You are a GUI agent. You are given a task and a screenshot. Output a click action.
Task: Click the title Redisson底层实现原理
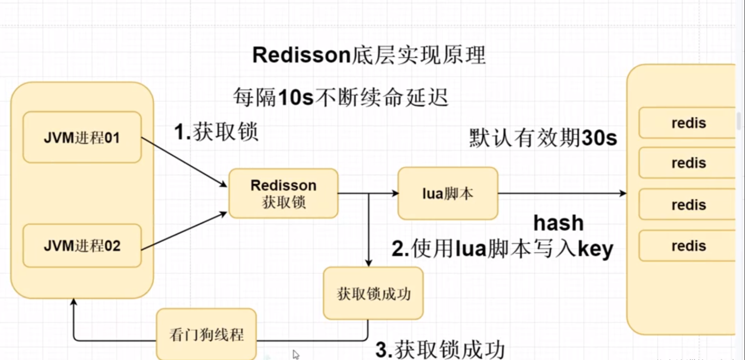point(369,56)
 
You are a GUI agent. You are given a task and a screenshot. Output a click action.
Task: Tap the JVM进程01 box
point(82,138)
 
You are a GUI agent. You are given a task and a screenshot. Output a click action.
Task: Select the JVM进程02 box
point(82,246)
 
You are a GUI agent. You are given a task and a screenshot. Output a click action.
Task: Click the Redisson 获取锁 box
point(283,193)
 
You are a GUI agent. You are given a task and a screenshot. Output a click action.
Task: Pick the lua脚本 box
point(447,193)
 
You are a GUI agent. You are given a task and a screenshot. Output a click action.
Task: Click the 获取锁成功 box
point(373,293)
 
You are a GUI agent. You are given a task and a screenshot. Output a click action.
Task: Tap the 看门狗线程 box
point(206,335)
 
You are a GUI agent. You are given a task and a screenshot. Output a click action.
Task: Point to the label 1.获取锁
point(217,132)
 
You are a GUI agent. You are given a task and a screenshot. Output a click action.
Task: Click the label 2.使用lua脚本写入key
point(502,249)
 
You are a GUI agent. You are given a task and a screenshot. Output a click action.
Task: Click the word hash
point(558,223)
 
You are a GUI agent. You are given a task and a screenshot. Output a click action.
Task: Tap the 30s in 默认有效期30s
point(599,139)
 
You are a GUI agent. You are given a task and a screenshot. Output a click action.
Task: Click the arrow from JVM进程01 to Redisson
point(184,162)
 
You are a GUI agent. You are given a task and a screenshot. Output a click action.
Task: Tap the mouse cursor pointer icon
point(296,354)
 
